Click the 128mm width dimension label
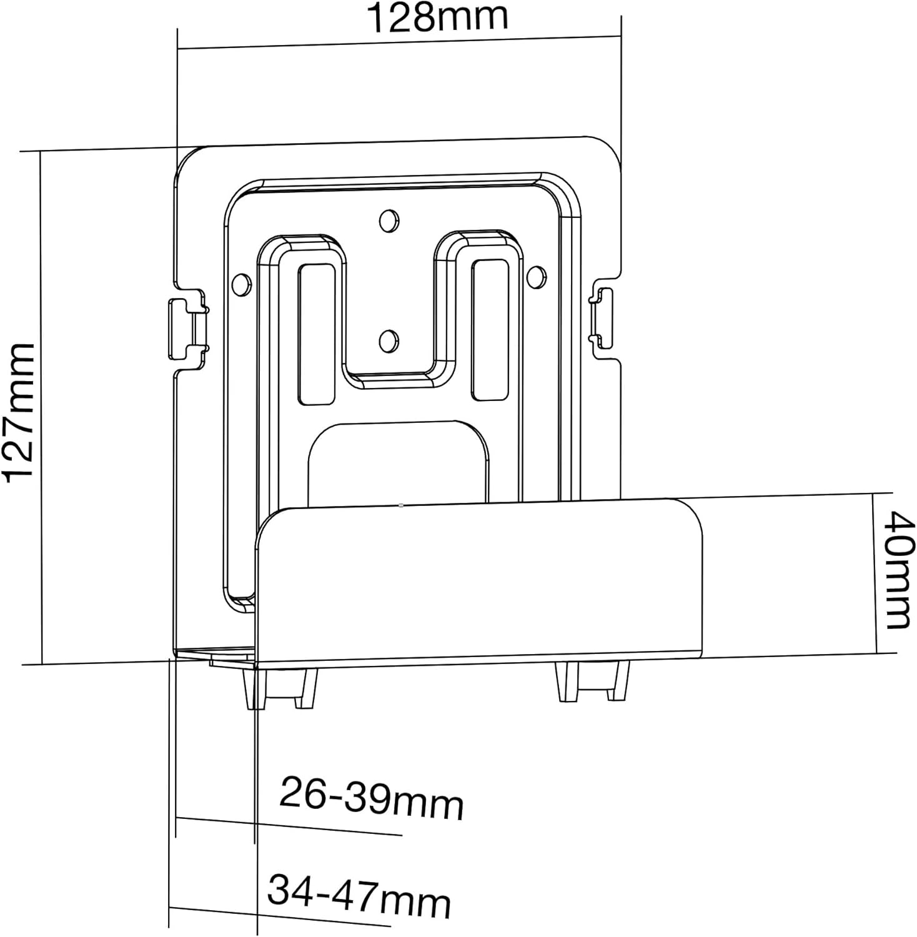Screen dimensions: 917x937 pos(437,17)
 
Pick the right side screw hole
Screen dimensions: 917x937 pos(536,275)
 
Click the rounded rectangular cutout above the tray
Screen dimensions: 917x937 pos(397,462)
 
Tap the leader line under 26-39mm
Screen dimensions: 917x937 pos(289,826)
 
